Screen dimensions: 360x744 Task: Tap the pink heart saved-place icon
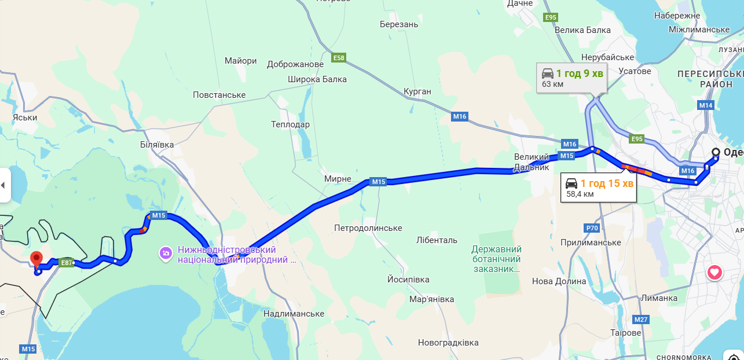(x=714, y=272)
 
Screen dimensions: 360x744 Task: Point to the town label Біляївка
(x=156, y=145)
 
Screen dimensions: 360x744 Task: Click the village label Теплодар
(x=290, y=124)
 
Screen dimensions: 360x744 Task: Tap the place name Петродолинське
(x=368, y=228)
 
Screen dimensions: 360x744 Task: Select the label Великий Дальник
(x=531, y=162)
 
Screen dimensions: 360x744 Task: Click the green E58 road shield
(x=339, y=58)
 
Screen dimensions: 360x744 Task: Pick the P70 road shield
(x=592, y=228)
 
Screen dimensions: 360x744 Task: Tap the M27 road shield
(x=641, y=319)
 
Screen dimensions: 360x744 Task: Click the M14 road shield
(x=705, y=105)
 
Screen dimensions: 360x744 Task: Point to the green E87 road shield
(x=67, y=263)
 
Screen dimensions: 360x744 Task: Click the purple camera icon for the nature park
(x=166, y=254)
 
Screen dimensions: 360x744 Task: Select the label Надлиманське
(x=293, y=314)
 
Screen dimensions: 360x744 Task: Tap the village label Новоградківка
(x=448, y=343)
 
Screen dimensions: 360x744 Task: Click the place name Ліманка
(x=659, y=298)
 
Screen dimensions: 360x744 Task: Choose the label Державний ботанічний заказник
(x=496, y=259)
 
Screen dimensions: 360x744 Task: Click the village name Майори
(x=240, y=61)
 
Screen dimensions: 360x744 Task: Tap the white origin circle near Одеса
(x=716, y=152)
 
